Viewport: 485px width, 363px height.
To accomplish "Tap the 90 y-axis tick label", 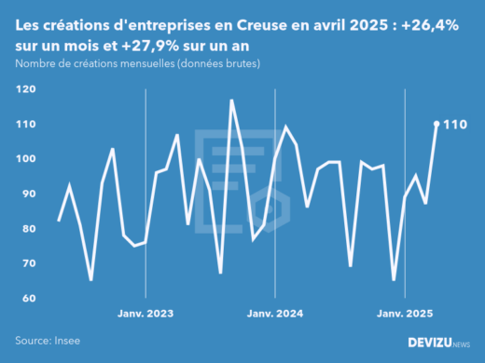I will click(x=27, y=194).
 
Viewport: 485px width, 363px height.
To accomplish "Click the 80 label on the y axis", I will click(x=27, y=229).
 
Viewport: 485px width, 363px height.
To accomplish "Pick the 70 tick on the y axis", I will click(x=27, y=263).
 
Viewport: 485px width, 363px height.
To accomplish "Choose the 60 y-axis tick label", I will click(x=27, y=299).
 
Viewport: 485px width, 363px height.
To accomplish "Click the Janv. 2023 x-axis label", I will click(x=145, y=314).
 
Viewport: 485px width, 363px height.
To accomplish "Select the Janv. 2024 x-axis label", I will click(x=275, y=314).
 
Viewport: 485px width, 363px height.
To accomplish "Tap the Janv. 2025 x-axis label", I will click(x=405, y=314).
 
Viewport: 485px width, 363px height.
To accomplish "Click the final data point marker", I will click(x=436, y=124).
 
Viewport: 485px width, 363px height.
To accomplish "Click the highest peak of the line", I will click(x=231, y=100).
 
